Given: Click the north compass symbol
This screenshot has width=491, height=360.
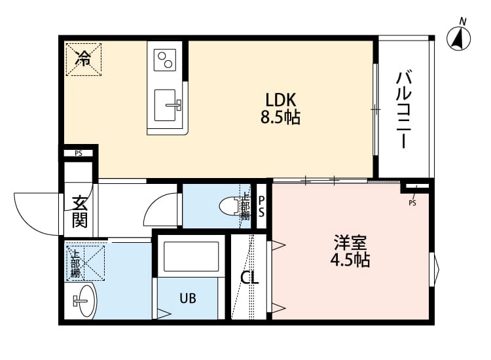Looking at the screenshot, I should pyautogui.click(x=460, y=38).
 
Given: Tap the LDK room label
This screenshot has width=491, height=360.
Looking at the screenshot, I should pyautogui.click(x=282, y=100).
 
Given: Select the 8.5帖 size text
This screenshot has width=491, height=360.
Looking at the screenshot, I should pyautogui.click(x=282, y=118).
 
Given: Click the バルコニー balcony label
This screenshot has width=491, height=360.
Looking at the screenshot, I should pyautogui.click(x=403, y=109).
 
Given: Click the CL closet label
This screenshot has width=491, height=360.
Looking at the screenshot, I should pyautogui.click(x=249, y=278).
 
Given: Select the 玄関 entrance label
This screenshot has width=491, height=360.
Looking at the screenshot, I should pyautogui.click(x=79, y=211).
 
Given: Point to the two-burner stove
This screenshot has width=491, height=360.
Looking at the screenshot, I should pyautogui.click(x=166, y=60).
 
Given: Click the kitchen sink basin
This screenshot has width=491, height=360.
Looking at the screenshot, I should pyautogui.click(x=167, y=105).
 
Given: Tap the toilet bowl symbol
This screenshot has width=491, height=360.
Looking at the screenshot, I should pyautogui.click(x=230, y=206).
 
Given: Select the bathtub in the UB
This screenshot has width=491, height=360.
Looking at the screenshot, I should pyautogui.click(x=191, y=256).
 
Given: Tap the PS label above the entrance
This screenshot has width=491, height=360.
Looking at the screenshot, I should pyautogui.click(x=79, y=154).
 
